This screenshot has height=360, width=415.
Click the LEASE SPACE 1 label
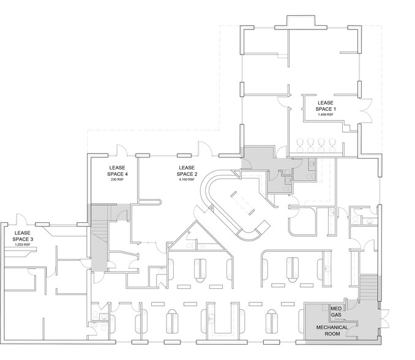(x=325, y=105)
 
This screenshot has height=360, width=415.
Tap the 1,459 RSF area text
(x=325, y=114)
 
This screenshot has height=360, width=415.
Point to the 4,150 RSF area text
(x=187, y=179)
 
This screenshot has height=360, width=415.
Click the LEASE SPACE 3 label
(x=21, y=236)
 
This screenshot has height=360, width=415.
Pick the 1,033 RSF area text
(x=21, y=246)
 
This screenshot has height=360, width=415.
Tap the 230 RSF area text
(x=118, y=179)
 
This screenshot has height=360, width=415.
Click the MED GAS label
(x=336, y=311)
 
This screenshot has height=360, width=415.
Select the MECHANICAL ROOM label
(x=332, y=331)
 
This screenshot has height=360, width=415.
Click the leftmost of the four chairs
(x=300, y=144)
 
